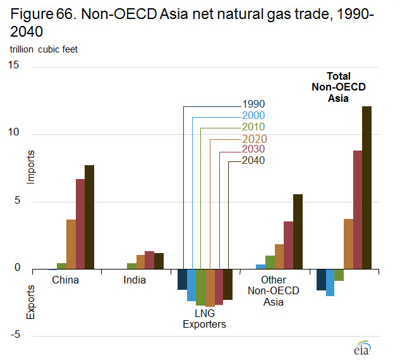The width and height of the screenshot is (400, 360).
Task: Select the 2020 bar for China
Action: (71, 244)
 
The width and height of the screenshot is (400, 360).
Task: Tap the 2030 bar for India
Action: (149, 260)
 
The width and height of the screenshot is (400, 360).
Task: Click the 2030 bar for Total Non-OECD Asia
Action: (357, 209)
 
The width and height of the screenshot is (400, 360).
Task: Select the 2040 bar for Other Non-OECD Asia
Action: (298, 232)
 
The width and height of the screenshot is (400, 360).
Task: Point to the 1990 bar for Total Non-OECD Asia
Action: (321, 280)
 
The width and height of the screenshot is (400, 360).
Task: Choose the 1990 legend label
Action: (253, 104)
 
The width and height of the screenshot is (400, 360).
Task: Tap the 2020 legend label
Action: (253, 139)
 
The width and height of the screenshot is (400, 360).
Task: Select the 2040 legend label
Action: (253, 161)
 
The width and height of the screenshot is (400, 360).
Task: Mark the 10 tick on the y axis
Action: (15, 133)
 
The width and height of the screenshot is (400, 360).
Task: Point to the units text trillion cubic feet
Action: (44, 49)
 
